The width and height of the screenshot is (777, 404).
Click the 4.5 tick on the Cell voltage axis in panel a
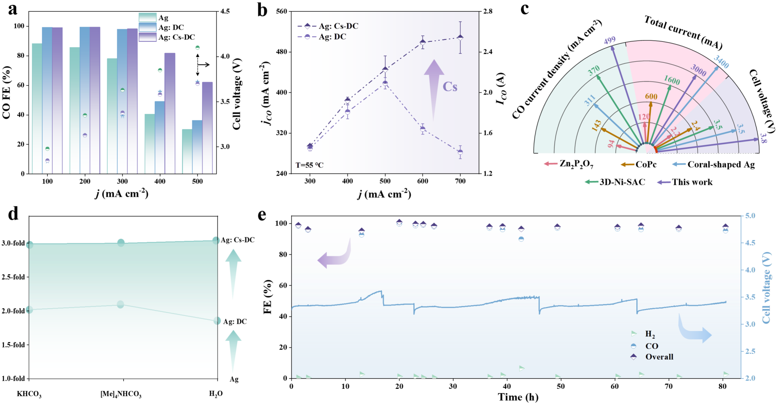click(x=225, y=11)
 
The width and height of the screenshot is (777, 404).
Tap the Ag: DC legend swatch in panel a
click(x=148, y=27)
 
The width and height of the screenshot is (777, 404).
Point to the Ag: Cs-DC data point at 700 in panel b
click(x=460, y=38)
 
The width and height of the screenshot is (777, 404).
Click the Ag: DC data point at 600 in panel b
click(x=423, y=129)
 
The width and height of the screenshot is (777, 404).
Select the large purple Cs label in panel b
click(x=450, y=87)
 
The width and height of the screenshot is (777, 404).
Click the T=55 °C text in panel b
click(x=310, y=165)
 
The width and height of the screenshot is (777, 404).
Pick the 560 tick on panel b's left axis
click(x=282, y=11)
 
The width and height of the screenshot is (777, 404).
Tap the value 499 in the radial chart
click(x=610, y=40)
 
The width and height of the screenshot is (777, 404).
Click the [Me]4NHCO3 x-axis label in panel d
click(x=121, y=394)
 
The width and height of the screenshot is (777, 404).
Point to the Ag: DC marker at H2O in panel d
click(x=217, y=321)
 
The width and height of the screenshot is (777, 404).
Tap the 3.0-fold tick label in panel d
click(x=13, y=243)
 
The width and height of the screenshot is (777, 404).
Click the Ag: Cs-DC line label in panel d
click(x=238, y=240)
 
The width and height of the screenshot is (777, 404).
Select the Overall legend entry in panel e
click(x=659, y=357)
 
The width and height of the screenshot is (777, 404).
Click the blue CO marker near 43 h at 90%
click(x=521, y=239)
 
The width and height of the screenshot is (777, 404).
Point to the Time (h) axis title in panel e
click(x=518, y=397)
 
